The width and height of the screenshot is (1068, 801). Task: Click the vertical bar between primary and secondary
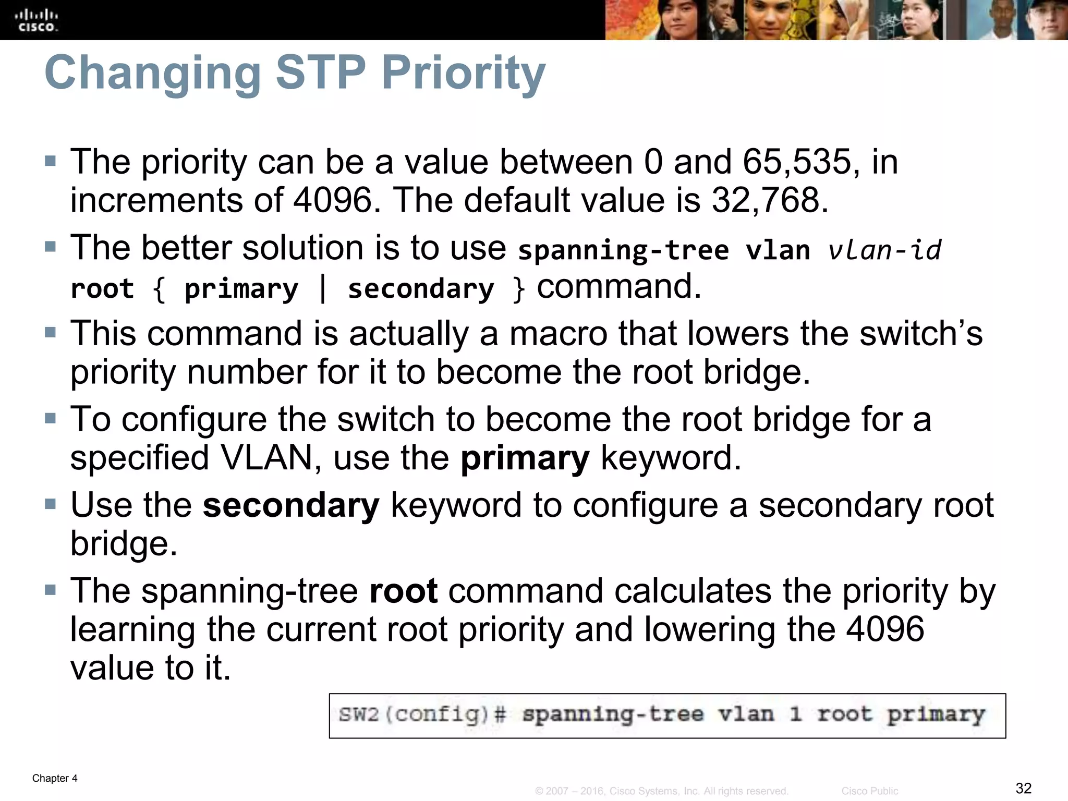click(x=323, y=288)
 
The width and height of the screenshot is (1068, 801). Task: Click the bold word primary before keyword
click(x=525, y=458)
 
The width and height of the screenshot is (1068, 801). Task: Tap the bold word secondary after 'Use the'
click(x=291, y=505)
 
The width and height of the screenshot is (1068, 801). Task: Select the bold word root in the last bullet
click(x=403, y=591)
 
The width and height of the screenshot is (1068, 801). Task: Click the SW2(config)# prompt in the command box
click(x=422, y=714)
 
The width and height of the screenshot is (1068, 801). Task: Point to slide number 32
click(x=1024, y=788)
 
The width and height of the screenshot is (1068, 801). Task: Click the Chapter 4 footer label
click(x=55, y=778)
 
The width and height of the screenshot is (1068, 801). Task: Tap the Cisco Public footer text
click(x=869, y=791)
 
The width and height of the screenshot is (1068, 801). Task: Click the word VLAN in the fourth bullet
click(x=266, y=458)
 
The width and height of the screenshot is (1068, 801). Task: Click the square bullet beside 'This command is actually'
click(x=50, y=333)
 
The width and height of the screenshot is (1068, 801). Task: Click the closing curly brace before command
click(x=518, y=288)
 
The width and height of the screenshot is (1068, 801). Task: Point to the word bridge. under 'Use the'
click(x=124, y=544)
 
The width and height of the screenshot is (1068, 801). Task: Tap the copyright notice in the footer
click(x=661, y=791)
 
